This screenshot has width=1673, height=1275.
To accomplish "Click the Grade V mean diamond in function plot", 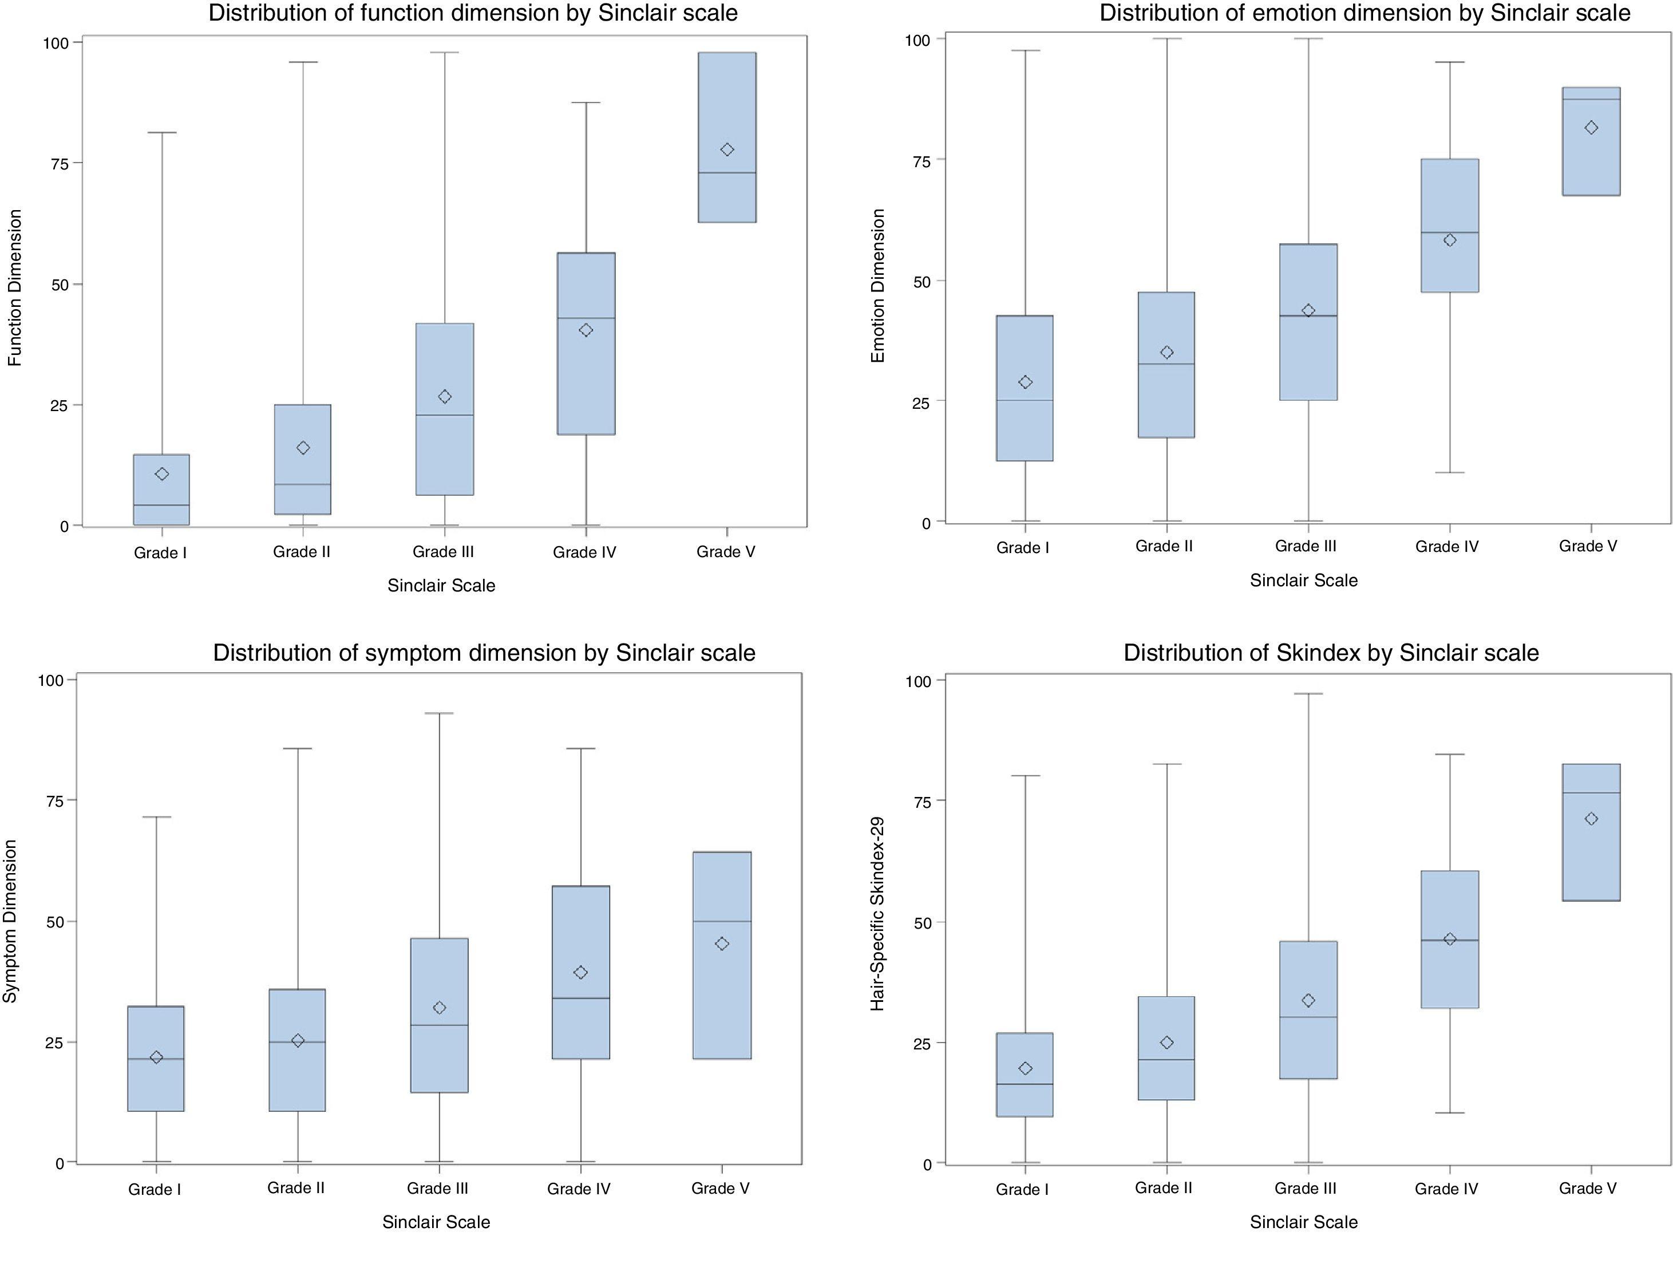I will [726, 149].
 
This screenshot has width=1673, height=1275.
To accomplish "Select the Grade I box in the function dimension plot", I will [161, 490].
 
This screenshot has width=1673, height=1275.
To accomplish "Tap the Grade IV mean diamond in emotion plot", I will [1449, 240].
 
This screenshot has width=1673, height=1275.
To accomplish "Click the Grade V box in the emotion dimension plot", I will [1591, 141].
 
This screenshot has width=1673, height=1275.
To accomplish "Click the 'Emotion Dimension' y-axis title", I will [878, 286].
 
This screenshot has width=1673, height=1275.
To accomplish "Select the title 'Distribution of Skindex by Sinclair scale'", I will [1330, 653].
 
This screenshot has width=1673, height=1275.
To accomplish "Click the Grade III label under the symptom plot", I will [437, 1188].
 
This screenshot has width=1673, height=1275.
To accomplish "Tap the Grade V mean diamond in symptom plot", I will [722, 944].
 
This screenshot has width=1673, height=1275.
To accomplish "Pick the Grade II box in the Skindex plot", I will [1166, 1047].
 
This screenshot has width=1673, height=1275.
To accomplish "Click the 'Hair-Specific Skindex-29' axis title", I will [878, 913].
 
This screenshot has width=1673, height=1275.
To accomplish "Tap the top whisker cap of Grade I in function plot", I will [161, 133].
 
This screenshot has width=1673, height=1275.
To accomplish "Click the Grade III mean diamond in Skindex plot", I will [1308, 1000].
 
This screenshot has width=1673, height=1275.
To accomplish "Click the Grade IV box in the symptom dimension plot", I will [580, 972].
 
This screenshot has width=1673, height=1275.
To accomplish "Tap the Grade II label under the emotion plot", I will [1163, 546].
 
